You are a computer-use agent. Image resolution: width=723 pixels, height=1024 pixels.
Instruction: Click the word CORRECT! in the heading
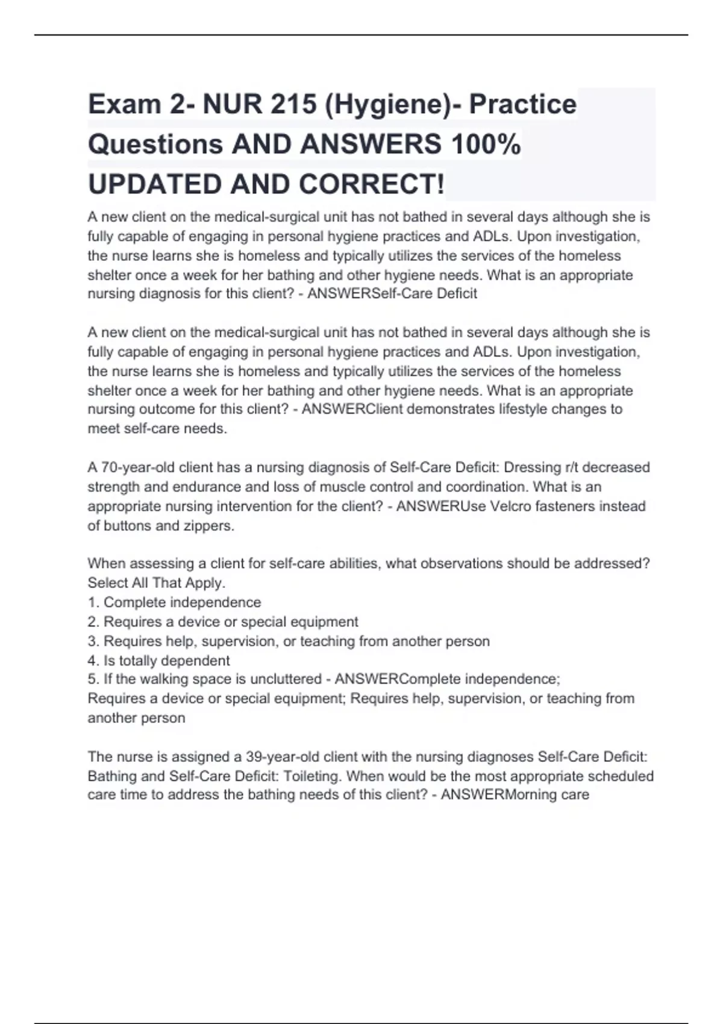click(371, 184)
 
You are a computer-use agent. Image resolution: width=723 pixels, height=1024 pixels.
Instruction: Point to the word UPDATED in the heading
click(155, 184)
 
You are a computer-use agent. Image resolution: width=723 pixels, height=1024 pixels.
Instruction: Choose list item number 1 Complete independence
click(174, 602)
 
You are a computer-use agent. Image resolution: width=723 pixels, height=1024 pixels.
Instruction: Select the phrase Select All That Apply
click(156, 583)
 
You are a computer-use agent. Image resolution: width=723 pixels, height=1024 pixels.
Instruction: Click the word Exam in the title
click(124, 104)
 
